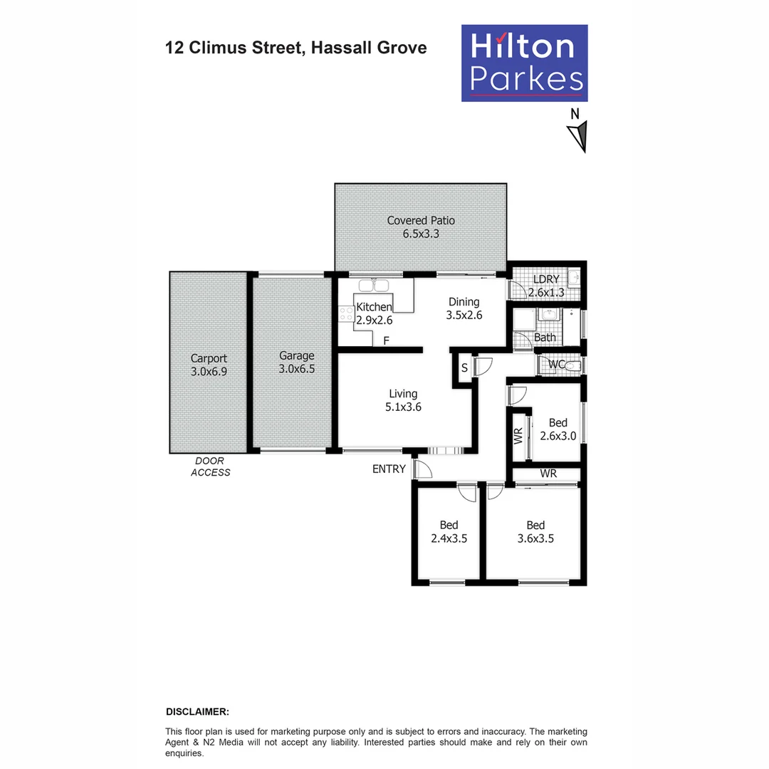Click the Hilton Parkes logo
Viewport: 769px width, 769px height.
pyautogui.click(x=524, y=63)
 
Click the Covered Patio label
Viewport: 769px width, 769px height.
pyautogui.click(x=421, y=226)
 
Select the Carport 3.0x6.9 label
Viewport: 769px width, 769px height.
pyautogui.click(x=209, y=365)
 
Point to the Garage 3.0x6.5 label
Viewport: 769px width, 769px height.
pyautogui.click(x=296, y=362)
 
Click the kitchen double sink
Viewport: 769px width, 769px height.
pyautogui.click(x=373, y=286)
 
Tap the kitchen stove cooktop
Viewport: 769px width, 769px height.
pyautogui.click(x=347, y=314)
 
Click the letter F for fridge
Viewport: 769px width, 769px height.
pyautogui.click(x=386, y=341)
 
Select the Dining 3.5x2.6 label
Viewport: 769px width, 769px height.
pyautogui.click(x=464, y=308)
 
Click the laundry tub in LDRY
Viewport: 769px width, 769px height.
pyautogui.click(x=573, y=278)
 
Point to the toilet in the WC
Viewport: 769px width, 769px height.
pyautogui.click(x=575, y=365)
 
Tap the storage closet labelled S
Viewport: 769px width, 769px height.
pyautogui.click(x=464, y=368)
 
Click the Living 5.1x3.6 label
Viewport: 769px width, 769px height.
pyautogui.click(x=403, y=400)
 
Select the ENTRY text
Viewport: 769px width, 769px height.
pyautogui.click(x=389, y=469)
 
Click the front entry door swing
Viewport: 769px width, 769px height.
pyautogui.click(x=422, y=470)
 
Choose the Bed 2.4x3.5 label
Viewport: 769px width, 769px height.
pyautogui.click(x=449, y=532)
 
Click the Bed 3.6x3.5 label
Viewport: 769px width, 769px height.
pyautogui.click(x=535, y=532)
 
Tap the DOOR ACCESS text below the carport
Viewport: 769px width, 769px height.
pyautogui.click(x=211, y=466)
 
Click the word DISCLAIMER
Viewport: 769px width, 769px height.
pyautogui.click(x=197, y=711)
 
